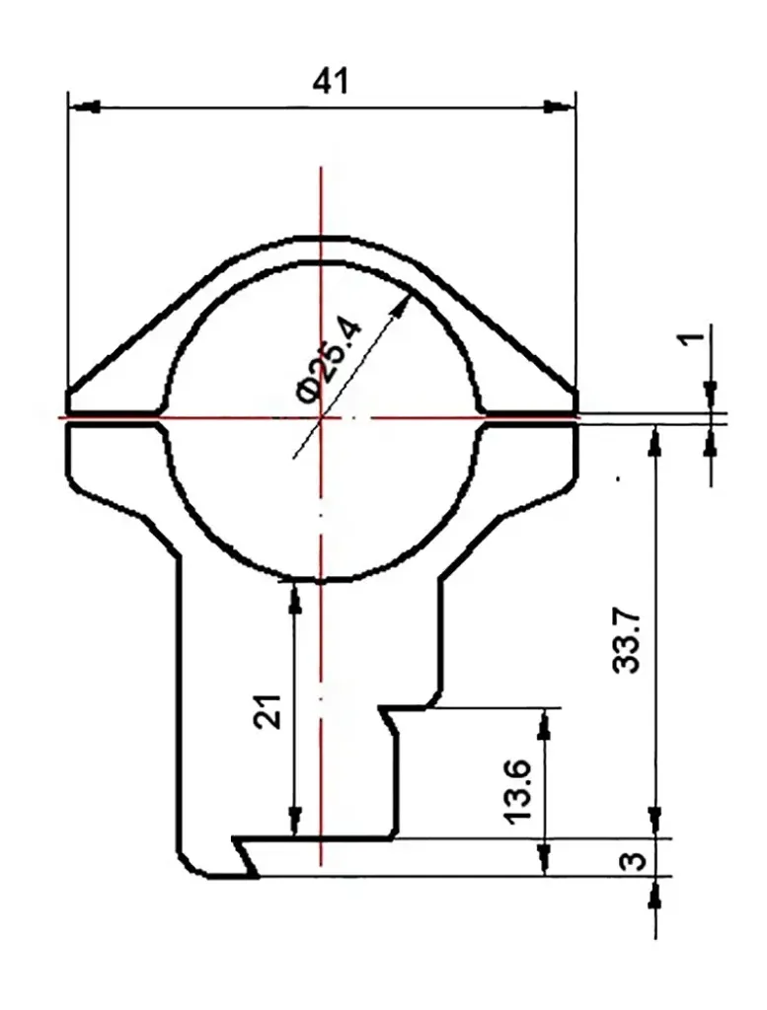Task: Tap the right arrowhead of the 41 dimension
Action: point(559,107)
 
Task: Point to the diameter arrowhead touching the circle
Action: point(402,306)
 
